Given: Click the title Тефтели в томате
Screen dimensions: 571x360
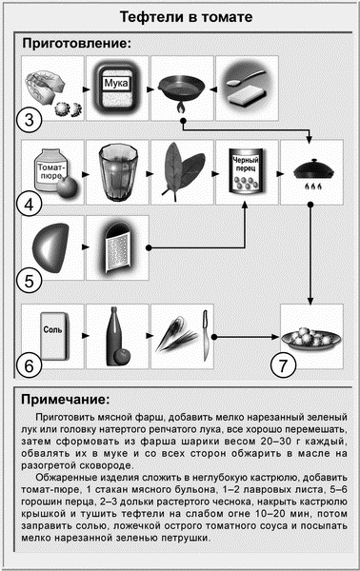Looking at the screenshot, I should click(x=179, y=18).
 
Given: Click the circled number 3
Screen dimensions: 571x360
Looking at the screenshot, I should click(x=30, y=120).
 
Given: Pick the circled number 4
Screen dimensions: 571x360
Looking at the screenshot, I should click(x=30, y=203).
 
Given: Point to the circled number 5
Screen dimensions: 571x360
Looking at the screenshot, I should click(x=30, y=281).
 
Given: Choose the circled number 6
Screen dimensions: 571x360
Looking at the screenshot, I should click(x=30, y=363).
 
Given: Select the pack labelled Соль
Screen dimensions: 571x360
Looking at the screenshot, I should click(x=53, y=334).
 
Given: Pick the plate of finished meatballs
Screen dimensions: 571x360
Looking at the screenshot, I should click(x=310, y=336).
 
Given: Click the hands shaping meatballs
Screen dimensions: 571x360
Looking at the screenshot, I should click(x=53, y=88).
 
